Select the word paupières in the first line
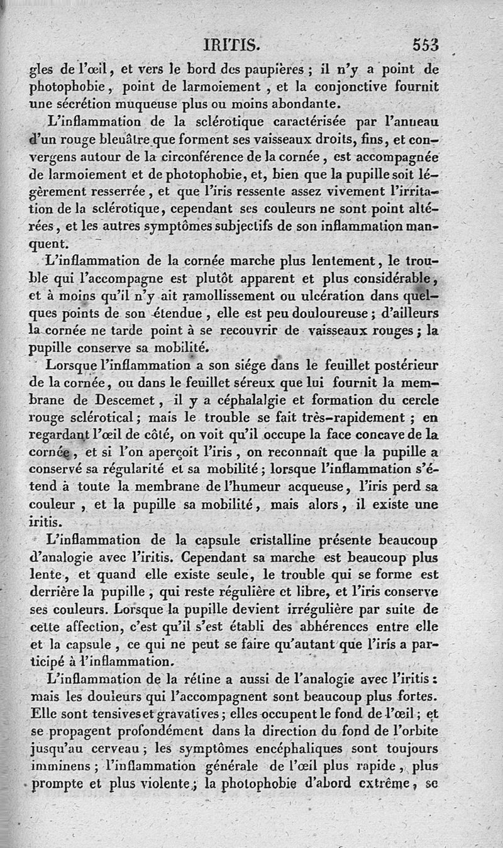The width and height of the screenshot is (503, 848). pos(258,69)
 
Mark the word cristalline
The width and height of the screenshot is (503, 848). pos(272,539)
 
